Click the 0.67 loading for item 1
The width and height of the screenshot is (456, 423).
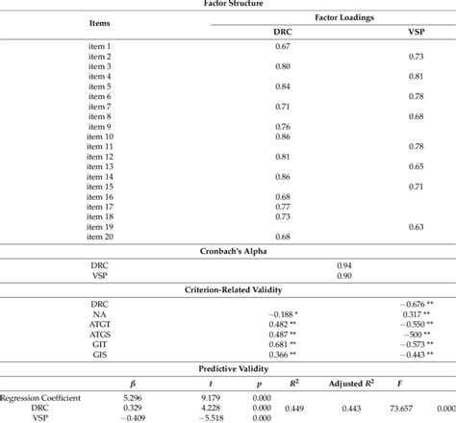pos(283,47)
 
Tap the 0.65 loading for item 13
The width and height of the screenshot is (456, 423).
pos(417,166)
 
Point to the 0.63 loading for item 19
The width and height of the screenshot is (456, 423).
pos(417,226)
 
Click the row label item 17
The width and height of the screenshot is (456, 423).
pos(99,206)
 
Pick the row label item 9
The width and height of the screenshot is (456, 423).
pos(99,126)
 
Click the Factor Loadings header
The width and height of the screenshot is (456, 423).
pos(350,17)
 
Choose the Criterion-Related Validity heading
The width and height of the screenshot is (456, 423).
pos(227,288)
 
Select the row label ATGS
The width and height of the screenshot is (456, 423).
pos(99,334)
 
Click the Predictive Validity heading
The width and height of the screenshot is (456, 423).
pos(227,368)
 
